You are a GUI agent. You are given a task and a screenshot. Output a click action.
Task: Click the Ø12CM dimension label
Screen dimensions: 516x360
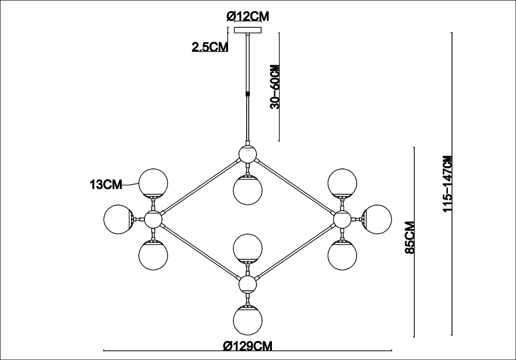248,16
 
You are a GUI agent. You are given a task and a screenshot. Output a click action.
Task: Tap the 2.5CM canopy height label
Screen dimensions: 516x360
210,48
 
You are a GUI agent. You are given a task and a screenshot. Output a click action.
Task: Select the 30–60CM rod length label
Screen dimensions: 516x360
275,87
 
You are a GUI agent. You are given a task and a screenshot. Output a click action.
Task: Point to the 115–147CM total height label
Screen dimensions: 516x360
448,183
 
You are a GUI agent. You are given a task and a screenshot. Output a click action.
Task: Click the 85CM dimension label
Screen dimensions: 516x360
410,237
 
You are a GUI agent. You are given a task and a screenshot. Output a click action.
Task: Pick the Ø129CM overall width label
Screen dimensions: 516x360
248,346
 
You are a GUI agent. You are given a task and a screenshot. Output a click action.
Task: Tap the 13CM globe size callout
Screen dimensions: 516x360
106,185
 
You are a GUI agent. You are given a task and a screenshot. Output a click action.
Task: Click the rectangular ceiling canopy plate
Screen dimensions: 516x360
248,30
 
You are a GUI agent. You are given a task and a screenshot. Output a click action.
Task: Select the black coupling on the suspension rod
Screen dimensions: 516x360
248,94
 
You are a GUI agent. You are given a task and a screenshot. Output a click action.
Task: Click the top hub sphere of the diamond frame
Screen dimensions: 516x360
248,154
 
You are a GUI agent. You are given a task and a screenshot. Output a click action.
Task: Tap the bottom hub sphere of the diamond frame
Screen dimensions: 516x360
248,285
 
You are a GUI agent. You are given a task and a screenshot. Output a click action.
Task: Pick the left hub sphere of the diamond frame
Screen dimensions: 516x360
153,220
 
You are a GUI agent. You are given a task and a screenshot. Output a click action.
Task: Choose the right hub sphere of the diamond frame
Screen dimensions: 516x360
342,220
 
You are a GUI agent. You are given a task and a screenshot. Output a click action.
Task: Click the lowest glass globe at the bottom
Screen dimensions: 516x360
248,320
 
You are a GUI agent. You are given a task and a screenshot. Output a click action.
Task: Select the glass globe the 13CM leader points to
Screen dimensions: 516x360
153,183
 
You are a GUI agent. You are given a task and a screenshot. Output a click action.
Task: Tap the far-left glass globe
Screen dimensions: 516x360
118,219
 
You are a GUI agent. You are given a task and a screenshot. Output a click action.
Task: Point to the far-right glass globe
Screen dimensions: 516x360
377,219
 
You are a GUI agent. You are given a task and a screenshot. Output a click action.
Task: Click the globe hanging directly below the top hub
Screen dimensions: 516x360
248,190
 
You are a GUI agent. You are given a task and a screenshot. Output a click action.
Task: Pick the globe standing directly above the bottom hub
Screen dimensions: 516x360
248,248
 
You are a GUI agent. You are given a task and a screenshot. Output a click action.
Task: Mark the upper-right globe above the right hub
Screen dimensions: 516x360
342,183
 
